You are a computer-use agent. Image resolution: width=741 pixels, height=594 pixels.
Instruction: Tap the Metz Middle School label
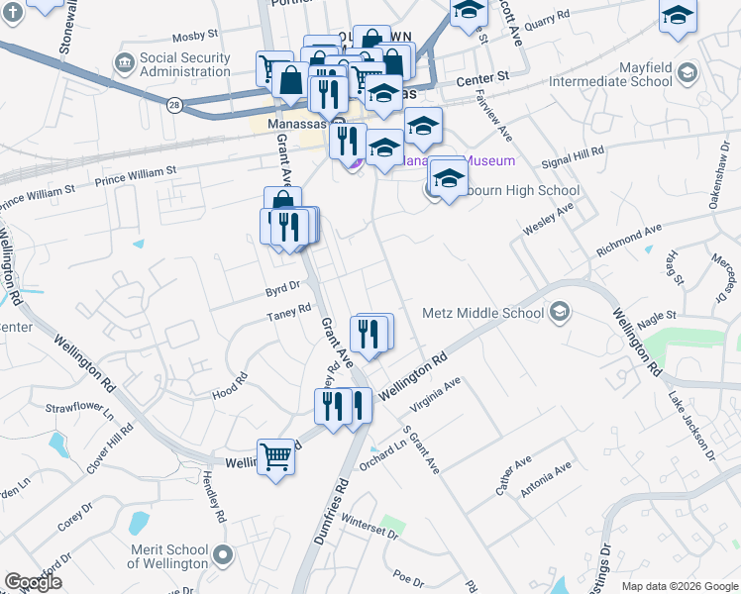pyautogui.click(x=483, y=313)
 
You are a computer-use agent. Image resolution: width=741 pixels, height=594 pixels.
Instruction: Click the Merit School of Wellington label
pyautogui.click(x=167, y=556)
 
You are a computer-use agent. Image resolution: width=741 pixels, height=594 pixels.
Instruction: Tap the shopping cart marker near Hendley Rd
pyautogui.click(x=276, y=457)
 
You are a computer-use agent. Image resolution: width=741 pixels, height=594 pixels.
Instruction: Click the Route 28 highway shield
pyautogui.click(x=174, y=103)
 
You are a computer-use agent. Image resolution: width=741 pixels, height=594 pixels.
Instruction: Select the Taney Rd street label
pyautogui.click(x=289, y=316)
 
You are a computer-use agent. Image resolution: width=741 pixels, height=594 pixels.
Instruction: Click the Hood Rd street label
pyautogui.click(x=229, y=386)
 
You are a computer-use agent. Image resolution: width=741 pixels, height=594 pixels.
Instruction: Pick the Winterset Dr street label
pyautogui.click(x=368, y=526)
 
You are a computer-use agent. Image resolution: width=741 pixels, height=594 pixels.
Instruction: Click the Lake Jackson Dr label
pyautogui.click(x=690, y=427)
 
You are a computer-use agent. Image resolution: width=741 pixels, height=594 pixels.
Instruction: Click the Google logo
pyautogui.click(x=34, y=582)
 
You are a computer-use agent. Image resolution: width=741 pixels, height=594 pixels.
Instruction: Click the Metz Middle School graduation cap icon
pyautogui.click(x=559, y=313)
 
